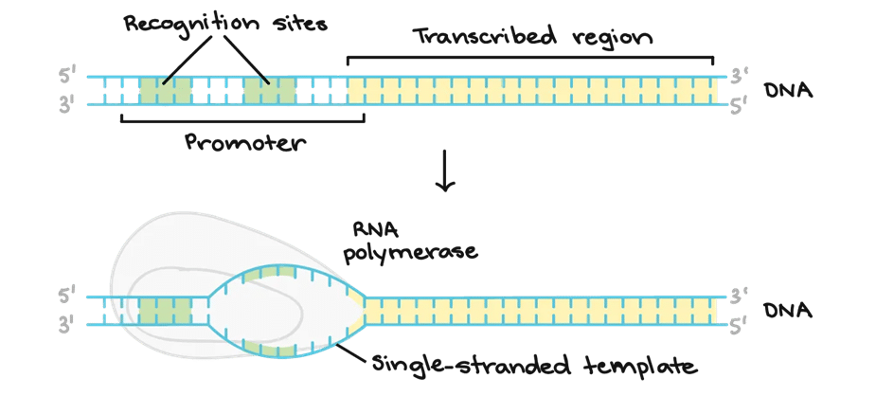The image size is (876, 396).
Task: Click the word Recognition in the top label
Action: (x=190, y=26)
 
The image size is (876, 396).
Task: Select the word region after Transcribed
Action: (x=613, y=40)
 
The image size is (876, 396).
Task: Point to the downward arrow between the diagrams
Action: (x=445, y=171)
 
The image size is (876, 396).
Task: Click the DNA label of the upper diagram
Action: (x=788, y=90)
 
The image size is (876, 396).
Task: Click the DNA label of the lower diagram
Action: (x=788, y=311)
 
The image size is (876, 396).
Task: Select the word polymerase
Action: (x=411, y=253)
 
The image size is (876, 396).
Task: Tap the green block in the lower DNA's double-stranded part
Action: (x=166, y=311)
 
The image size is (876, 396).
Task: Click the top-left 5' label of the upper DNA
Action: (x=66, y=77)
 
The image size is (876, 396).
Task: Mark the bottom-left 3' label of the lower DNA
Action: (x=66, y=325)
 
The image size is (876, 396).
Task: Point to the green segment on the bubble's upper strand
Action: (x=270, y=273)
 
